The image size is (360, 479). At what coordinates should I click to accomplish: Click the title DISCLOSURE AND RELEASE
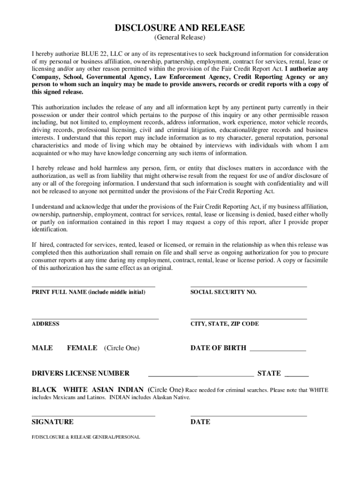180,28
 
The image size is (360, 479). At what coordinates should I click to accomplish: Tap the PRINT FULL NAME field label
88,292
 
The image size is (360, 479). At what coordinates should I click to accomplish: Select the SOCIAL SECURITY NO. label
223,292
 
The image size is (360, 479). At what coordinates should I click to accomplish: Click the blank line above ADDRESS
95,318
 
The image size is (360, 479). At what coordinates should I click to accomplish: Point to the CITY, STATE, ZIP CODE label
224,324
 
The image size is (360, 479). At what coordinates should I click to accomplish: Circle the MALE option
42,348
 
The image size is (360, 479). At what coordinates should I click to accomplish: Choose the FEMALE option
82,348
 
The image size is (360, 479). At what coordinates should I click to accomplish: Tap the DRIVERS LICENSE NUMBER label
80,373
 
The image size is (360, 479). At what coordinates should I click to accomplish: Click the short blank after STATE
296,375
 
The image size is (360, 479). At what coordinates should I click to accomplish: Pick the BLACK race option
44,390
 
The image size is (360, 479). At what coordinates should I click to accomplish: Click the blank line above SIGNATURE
93,415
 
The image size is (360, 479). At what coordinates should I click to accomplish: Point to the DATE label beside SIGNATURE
200,422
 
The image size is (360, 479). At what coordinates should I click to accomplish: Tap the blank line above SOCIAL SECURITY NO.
249,286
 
